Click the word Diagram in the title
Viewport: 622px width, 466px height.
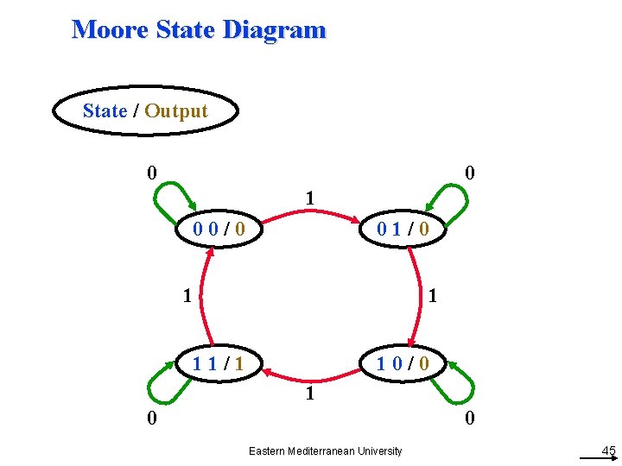[274, 29]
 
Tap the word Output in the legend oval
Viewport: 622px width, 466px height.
[176, 111]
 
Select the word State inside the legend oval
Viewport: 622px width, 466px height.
[105, 111]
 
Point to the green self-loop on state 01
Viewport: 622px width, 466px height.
[452, 197]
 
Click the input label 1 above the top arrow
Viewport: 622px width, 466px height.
[308, 199]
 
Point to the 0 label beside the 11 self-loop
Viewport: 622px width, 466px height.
[151, 419]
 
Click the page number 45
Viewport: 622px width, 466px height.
[608, 450]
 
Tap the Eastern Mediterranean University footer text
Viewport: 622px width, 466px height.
[325, 451]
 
